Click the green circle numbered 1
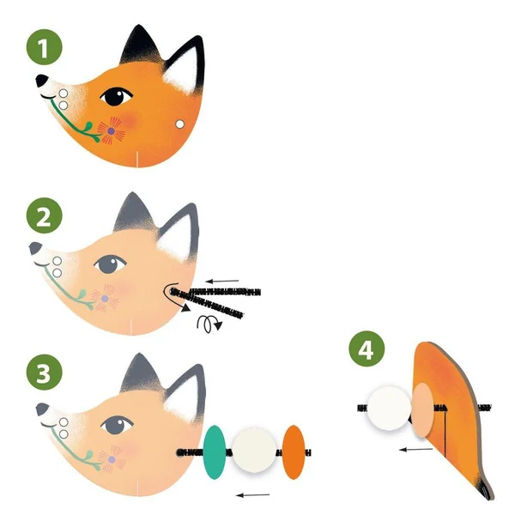point(45,47)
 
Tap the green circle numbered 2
point(45,215)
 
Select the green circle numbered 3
point(45,373)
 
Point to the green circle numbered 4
point(367,348)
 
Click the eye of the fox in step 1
point(116,96)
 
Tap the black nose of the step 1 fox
point(41,81)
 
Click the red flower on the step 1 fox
point(112,131)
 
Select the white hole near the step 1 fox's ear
point(179,124)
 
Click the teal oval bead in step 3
point(215,452)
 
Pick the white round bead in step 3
point(254,451)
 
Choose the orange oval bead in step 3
point(294,452)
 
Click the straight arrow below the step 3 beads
point(253,495)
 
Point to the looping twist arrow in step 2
point(209,324)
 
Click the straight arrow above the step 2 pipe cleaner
point(222,282)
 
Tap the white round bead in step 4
point(389,409)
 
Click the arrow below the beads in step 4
point(415,449)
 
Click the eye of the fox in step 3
point(117,424)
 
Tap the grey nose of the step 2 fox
point(35,248)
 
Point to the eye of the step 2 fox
point(110,264)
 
